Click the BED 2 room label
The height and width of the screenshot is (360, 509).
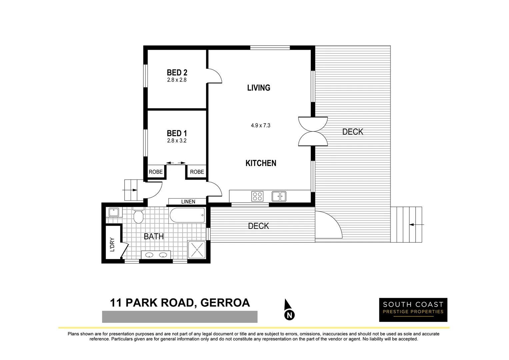tap(177, 72)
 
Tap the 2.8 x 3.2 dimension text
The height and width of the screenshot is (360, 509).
tap(177, 141)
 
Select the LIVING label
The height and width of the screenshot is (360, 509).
tap(259, 88)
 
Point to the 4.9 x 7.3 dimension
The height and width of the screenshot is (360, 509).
tap(260, 126)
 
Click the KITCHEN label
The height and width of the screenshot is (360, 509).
tap(261, 163)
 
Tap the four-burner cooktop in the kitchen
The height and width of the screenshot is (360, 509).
tap(257, 196)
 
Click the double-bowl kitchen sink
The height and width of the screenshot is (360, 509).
tap(279, 196)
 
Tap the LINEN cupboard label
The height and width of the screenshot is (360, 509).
tap(188, 202)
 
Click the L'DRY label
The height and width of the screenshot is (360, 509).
tap(112, 244)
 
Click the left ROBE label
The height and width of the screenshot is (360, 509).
tap(156, 172)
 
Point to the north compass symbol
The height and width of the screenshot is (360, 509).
tap(289, 310)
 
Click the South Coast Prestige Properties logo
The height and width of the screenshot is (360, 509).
tap(413, 310)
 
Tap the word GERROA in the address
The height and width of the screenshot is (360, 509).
tap(225, 303)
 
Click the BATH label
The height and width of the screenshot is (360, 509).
tap(154, 236)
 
